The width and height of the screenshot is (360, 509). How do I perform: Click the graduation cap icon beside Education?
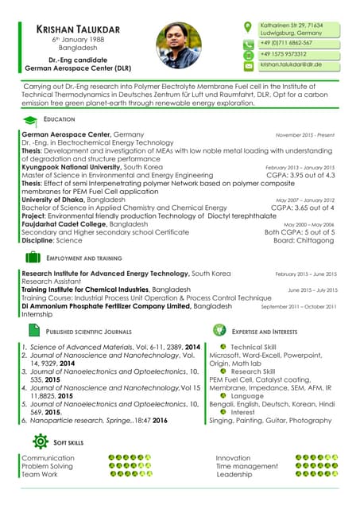coord(30,119)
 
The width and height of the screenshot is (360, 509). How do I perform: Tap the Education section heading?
coord(59,119)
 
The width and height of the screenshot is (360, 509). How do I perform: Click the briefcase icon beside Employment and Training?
coord(33,258)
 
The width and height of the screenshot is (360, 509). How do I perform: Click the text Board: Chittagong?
coord(304,239)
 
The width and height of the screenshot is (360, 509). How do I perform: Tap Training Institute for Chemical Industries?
coord(85,289)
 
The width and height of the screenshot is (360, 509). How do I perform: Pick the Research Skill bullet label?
coord(253,371)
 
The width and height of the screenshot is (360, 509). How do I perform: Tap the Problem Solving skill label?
coord(47,466)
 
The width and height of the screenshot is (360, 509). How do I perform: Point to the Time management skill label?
coord(246,466)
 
